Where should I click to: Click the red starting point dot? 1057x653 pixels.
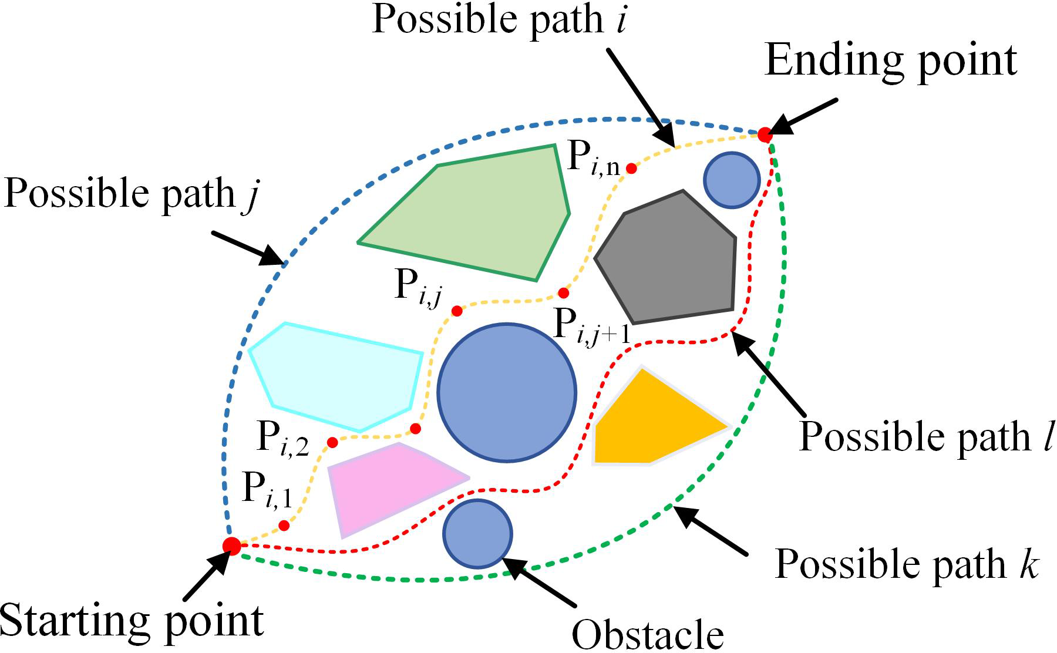coord(231,546)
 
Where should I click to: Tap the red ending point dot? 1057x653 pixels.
coord(765,134)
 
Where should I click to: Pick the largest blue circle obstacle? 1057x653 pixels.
coord(506,392)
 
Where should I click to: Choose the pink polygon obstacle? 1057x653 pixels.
coord(388,484)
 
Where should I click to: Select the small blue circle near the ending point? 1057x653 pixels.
coord(732,180)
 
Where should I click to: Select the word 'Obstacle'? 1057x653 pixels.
coord(648,634)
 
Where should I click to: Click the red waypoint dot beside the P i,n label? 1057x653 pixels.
coord(631,169)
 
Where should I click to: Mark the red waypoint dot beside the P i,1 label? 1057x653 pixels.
coord(284,526)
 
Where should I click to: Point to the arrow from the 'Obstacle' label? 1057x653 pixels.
coord(540,582)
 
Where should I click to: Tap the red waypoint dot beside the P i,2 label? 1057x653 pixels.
coord(332,442)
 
